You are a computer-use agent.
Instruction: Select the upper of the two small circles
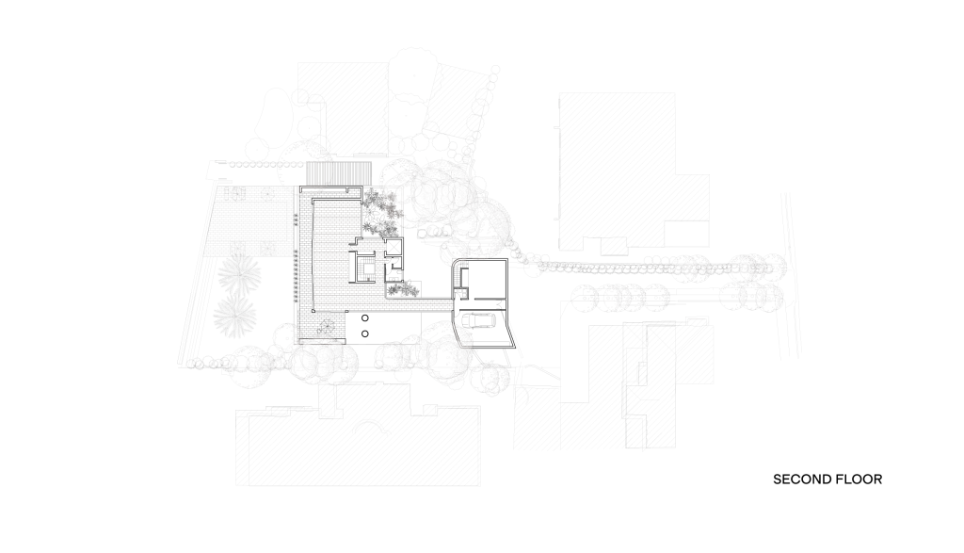[365, 318]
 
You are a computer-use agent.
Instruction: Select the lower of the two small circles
[365, 333]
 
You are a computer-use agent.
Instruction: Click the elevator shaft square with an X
[393, 246]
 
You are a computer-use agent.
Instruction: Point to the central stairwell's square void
[368, 268]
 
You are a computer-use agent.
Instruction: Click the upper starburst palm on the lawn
[238, 274]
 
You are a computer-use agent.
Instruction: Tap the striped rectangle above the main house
[339, 172]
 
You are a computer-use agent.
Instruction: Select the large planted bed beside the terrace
[380, 213]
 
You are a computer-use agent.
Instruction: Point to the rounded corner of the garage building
[455, 263]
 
